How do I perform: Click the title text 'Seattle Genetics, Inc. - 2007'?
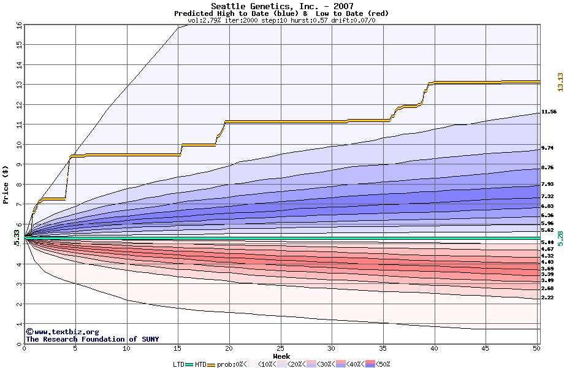coord(281,6)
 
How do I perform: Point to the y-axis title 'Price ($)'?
coord(6,185)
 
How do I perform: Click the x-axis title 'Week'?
coord(281,356)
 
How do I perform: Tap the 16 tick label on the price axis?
coord(18,25)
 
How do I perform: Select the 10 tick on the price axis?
coord(18,145)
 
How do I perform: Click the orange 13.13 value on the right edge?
coord(560,82)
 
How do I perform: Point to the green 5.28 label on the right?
coord(560,238)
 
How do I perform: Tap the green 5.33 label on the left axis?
coord(17,236)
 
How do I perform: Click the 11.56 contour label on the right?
coord(549,112)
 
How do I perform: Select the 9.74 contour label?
coord(547,148)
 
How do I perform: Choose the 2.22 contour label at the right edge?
coord(547,297)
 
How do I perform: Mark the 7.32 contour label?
coord(547,196)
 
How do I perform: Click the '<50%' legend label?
coord(383,364)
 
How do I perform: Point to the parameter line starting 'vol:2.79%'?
coord(281,20)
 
